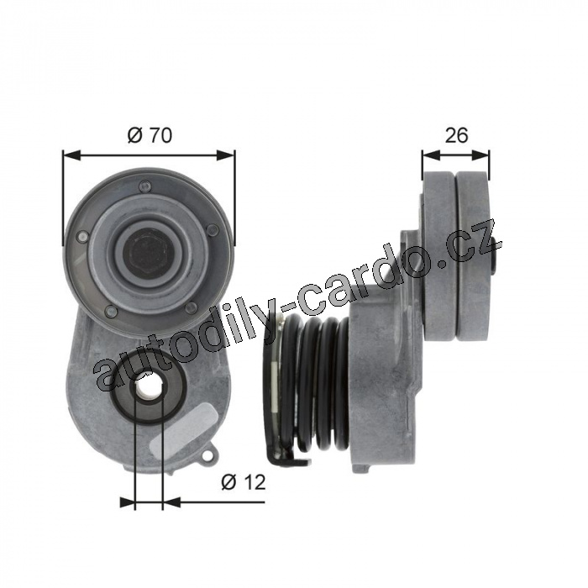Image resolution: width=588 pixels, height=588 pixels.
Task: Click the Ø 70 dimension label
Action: tap(150, 135)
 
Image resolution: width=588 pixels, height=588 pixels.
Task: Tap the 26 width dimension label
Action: tap(456, 135)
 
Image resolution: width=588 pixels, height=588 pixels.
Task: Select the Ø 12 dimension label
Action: tap(243, 481)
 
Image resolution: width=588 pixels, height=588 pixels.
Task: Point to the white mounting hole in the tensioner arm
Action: tap(149, 385)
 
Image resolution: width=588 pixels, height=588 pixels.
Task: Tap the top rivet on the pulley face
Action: tap(144, 185)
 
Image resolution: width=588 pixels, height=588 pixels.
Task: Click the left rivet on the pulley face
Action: tap(82, 236)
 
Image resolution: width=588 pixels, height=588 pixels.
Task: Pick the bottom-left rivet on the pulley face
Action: tap(112, 310)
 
